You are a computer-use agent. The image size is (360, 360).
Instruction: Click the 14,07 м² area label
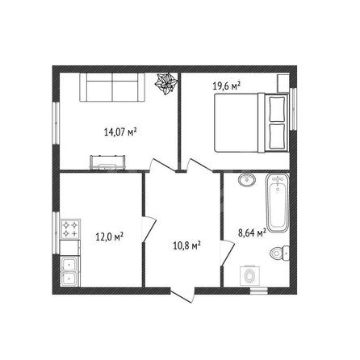pyautogui.click(x=120, y=132)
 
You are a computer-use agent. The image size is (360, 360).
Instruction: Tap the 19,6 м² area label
pyautogui.click(x=226, y=86)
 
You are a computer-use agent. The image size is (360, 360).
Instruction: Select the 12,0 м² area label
pyautogui.click(x=110, y=237)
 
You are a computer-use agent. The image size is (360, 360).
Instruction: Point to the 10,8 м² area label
pyautogui.click(x=186, y=245)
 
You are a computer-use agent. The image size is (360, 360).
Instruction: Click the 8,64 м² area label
pyautogui.click(x=252, y=232)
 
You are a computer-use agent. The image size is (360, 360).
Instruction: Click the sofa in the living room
pyautogui.click(x=112, y=87)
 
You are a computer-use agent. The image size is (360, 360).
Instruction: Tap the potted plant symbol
pyautogui.click(x=165, y=84)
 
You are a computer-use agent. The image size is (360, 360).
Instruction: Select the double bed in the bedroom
pyautogui.click(x=252, y=123)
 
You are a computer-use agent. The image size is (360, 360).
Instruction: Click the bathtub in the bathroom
pyautogui.click(x=278, y=203)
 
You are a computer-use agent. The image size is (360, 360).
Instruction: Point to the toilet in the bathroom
pyautogui.click(x=279, y=253)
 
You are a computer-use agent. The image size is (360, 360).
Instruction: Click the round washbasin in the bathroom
pyautogui.click(x=247, y=179)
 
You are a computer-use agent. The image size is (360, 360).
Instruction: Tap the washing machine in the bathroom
pyautogui.click(x=250, y=276)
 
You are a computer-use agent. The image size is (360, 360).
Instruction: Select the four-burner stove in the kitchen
pyautogui.click(x=70, y=229)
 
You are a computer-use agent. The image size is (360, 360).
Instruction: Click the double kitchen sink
pyautogui.click(x=70, y=271)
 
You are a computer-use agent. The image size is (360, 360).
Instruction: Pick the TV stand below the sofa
pyautogui.click(x=107, y=162)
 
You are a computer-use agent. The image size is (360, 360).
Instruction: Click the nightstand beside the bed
pyautogui.click(x=283, y=83)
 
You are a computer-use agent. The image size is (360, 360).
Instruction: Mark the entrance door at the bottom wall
pyautogui.click(x=182, y=295)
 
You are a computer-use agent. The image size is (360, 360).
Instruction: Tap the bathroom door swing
pyautogui.click(x=228, y=253)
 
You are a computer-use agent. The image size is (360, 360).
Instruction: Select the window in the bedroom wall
pyautogui.click(x=293, y=109)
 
